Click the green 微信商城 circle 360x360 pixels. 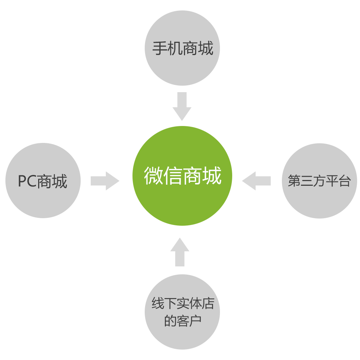[x=182, y=176]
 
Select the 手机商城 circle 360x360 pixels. [x=182, y=48]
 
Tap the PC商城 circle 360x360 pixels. [x=43, y=180]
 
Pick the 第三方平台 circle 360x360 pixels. [x=319, y=181]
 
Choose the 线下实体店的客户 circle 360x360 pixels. [x=182, y=312]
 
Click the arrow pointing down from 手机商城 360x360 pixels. [x=182, y=106]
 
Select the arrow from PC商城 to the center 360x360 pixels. [x=105, y=181]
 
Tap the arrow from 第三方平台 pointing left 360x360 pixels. [x=256, y=181]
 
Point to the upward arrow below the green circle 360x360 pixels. [x=180, y=252]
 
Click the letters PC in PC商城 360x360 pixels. [x=27, y=181]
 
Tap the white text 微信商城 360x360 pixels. [x=183, y=175]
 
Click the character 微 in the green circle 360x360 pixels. [x=153, y=175]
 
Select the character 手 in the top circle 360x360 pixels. [x=160, y=48]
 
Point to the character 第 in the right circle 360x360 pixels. [x=294, y=181]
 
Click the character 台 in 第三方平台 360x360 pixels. [x=345, y=181]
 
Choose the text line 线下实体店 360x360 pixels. [x=183, y=303]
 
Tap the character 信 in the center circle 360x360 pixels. [x=173, y=175]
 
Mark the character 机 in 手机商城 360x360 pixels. [x=175, y=48]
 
